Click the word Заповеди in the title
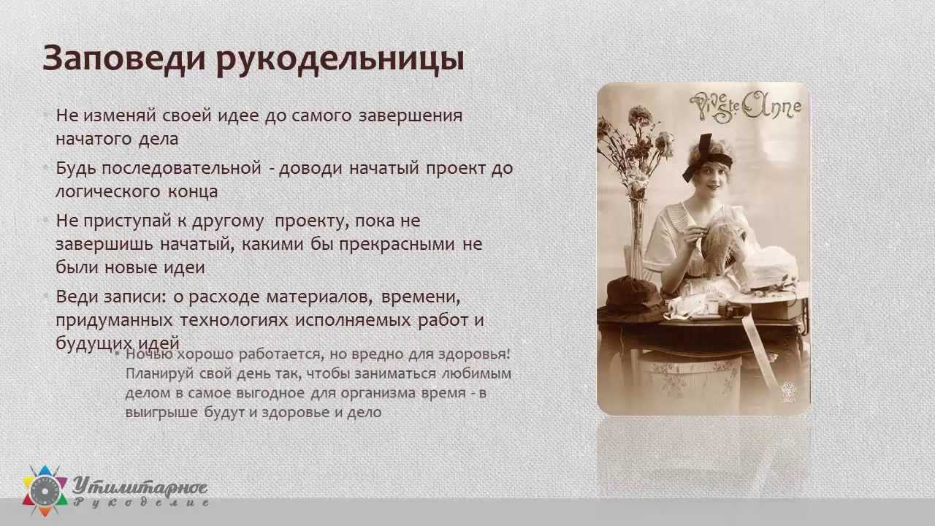124,58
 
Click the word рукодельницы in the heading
340,60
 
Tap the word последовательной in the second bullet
182,168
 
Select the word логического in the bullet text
108,192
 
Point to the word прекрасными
397,245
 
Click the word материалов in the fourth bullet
319,297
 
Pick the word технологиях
234,320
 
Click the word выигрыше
161,413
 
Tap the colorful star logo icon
45,490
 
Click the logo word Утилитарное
140,487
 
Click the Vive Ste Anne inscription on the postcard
745,107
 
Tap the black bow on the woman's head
706,158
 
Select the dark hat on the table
631,300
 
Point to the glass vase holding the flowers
637,238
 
